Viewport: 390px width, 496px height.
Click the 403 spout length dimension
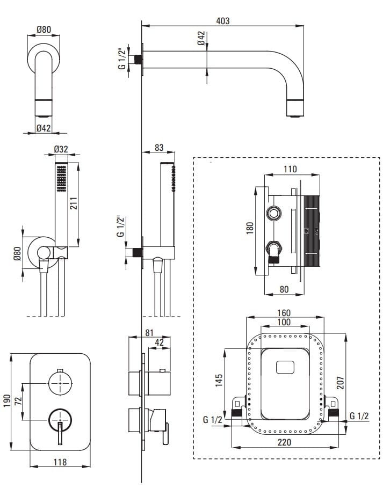coord(223,21)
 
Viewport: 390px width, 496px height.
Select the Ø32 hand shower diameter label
coord(61,150)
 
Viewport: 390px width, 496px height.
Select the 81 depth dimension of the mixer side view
coord(150,333)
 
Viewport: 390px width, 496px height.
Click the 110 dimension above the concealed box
coord(290,170)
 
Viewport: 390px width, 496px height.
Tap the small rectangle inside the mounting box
coord(285,368)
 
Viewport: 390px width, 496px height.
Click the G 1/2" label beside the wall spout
coord(122,59)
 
